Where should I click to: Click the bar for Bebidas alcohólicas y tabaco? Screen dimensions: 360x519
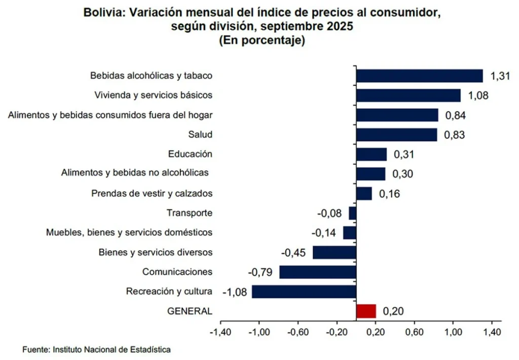tap(419, 76)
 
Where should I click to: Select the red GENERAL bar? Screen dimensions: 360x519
tap(366, 311)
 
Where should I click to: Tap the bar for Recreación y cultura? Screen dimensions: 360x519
tap(304, 292)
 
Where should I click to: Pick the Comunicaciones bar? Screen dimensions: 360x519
tap(318, 272)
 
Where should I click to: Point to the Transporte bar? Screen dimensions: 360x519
tap(353, 213)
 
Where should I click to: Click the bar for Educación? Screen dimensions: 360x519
tap(372, 154)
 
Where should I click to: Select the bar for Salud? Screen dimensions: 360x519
tap(396, 134)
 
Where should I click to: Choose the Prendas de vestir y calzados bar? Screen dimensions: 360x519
tap(364, 193)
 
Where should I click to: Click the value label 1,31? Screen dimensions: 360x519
tap(500, 76)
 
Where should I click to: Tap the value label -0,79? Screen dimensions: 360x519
tap(261, 272)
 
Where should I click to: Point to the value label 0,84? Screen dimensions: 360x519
tap(455, 115)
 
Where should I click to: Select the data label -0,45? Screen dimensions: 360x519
tap(294, 253)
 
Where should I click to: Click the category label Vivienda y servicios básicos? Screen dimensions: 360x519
tap(154, 95)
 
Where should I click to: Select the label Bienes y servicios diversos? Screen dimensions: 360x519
tap(155, 252)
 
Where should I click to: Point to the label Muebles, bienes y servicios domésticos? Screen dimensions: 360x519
tap(129, 232)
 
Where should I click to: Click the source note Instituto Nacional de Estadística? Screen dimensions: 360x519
tap(112, 349)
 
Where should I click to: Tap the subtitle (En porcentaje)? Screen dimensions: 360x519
tap(262, 41)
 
